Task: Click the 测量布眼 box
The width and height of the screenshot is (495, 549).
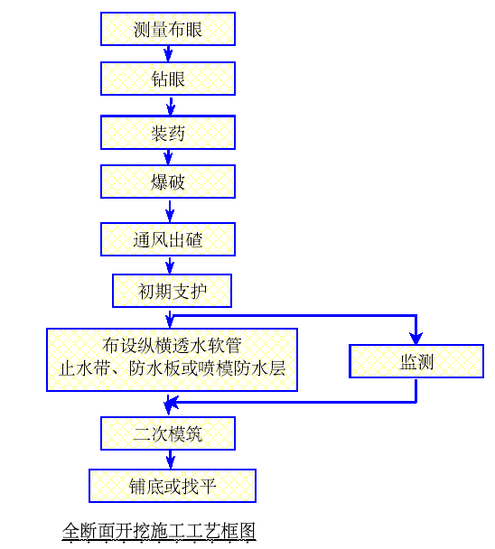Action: [x=168, y=29]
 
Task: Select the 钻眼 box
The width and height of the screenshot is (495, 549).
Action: [x=168, y=79]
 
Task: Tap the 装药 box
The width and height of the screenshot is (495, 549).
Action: [x=168, y=133]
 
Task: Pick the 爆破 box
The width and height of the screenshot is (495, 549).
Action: [x=168, y=181]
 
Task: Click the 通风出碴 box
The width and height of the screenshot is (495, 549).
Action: [x=168, y=239]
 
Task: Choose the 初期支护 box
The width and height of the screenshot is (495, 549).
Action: [x=172, y=291]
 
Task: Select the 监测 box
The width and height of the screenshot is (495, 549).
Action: [x=416, y=361]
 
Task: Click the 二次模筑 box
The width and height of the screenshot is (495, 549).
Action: [x=168, y=433]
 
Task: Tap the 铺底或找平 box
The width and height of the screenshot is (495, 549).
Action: [x=173, y=486]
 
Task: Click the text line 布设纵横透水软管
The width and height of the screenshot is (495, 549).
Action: [x=172, y=346]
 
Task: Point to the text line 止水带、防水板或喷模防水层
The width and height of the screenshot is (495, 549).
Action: [x=172, y=368]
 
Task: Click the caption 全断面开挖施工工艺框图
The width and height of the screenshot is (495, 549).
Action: [x=159, y=531]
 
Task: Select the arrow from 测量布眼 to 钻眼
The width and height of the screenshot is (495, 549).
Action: [x=168, y=54]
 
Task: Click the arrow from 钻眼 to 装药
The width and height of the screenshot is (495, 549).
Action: [x=171, y=106]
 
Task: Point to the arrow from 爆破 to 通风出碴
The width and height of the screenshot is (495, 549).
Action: [x=170, y=211]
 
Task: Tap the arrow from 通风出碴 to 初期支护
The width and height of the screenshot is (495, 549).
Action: [x=170, y=265]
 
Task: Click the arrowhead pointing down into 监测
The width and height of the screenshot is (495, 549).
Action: [x=416, y=339]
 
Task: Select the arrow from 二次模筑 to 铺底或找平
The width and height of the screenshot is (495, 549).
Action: [x=170, y=460]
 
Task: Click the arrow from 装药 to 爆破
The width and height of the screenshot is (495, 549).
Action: [x=168, y=157]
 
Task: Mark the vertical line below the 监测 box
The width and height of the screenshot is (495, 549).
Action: [x=416, y=390]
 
